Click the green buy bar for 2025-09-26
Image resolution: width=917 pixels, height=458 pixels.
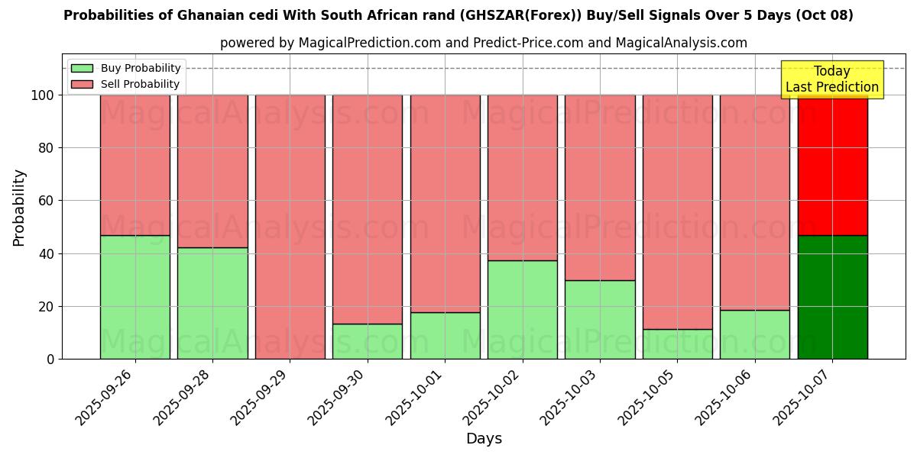coord(135,297)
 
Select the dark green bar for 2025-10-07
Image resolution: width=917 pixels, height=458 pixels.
coord(832,297)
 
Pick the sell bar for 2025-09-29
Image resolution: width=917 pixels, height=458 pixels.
coord(290,227)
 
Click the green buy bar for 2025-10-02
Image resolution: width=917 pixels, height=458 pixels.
coord(523,310)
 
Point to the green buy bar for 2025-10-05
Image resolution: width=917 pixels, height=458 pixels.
coord(678,344)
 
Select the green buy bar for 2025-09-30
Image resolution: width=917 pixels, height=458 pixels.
coord(368,341)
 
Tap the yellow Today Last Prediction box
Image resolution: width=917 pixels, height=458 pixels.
coord(832,79)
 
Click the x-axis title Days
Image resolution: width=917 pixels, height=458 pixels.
coord(484,439)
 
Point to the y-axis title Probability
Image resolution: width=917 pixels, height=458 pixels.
coord(19,207)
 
